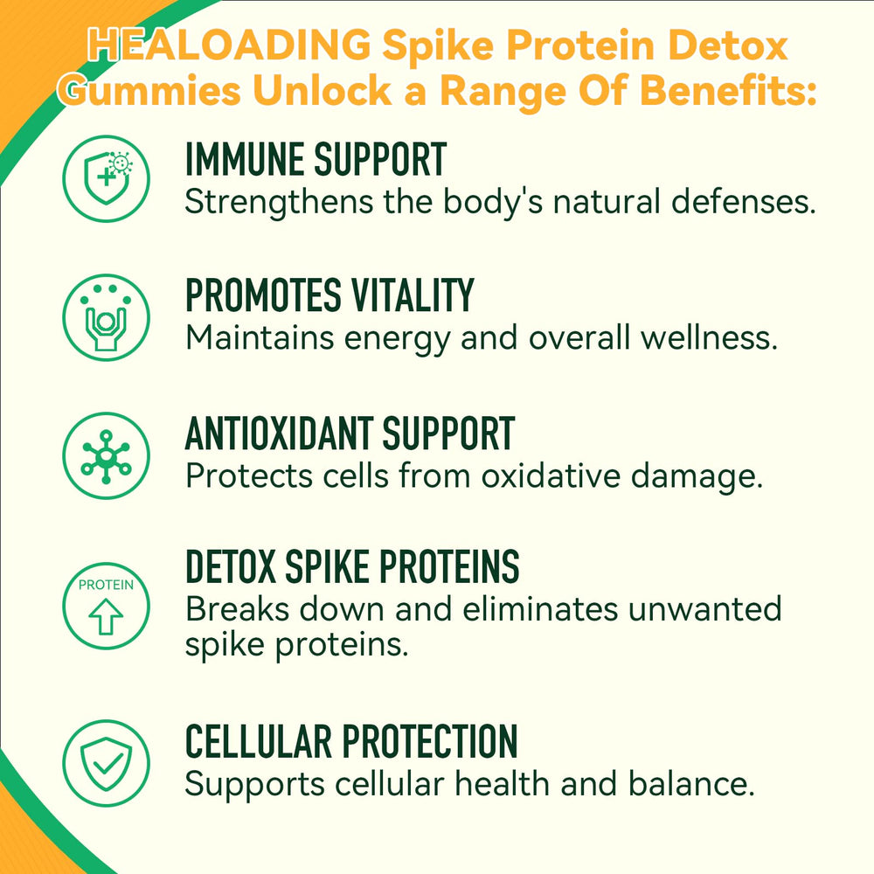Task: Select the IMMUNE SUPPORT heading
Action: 316,160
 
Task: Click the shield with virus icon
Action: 106,179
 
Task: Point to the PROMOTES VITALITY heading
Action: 329,296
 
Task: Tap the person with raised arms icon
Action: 106,317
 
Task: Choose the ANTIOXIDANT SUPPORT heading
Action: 350,434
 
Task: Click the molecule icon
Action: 106,456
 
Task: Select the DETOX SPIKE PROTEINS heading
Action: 352,568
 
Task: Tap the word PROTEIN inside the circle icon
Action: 106,585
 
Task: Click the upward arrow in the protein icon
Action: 106,618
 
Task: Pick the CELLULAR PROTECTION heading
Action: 351,742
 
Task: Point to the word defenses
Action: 743,203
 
